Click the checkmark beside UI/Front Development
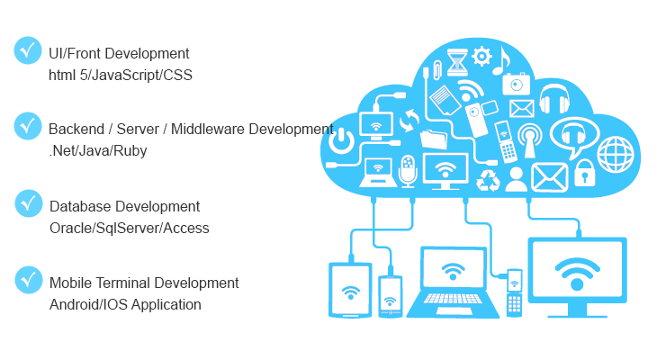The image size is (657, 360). click(x=28, y=51)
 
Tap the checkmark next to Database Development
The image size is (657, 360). click(x=28, y=203)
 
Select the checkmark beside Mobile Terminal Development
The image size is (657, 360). click(x=28, y=280)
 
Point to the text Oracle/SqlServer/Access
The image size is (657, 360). click(x=129, y=229)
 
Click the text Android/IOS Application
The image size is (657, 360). click(x=125, y=305)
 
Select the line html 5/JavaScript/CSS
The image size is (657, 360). click(x=121, y=75)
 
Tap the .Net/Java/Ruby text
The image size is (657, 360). click(x=98, y=151)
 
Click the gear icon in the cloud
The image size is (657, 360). click(x=481, y=57)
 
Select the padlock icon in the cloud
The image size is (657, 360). click(x=585, y=171)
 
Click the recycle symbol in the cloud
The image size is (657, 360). click(x=488, y=179)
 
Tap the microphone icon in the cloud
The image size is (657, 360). click(x=408, y=170)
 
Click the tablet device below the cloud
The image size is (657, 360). click(x=350, y=290)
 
